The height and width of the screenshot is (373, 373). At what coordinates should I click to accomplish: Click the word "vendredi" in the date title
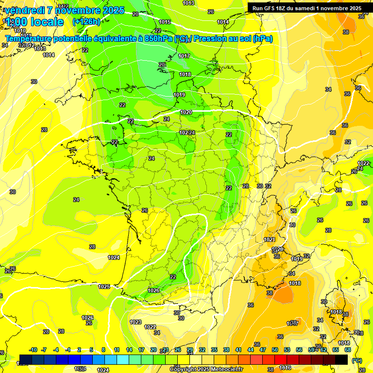tap(24, 10)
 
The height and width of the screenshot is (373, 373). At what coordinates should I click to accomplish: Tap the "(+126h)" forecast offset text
tap(86, 22)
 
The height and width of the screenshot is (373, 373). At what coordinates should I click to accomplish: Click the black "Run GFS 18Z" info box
tap(306, 8)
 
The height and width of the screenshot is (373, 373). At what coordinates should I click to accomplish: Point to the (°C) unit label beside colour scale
tap(357, 360)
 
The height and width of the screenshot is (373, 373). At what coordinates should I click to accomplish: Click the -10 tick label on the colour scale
tap(34, 350)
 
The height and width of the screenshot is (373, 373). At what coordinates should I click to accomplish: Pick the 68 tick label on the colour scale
tap(348, 350)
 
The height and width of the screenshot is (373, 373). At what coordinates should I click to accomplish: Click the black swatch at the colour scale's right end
tap(341, 359)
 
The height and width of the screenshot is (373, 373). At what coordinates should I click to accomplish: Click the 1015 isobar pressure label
tap(165, 22)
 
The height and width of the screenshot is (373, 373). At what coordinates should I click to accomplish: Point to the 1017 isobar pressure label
tap(184, 56)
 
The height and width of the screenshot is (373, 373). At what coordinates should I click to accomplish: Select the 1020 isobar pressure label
tap(186, 112)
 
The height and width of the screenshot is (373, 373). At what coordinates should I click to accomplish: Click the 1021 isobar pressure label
tap(270, 239)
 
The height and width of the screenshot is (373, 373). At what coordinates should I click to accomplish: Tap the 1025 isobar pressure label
tap(104, 287)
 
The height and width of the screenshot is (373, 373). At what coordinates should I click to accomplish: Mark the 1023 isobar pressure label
tap(136, 322)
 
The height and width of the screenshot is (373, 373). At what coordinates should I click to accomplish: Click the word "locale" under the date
tap(46, 22)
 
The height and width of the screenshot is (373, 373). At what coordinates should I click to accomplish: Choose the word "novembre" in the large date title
tap(76, 10)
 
